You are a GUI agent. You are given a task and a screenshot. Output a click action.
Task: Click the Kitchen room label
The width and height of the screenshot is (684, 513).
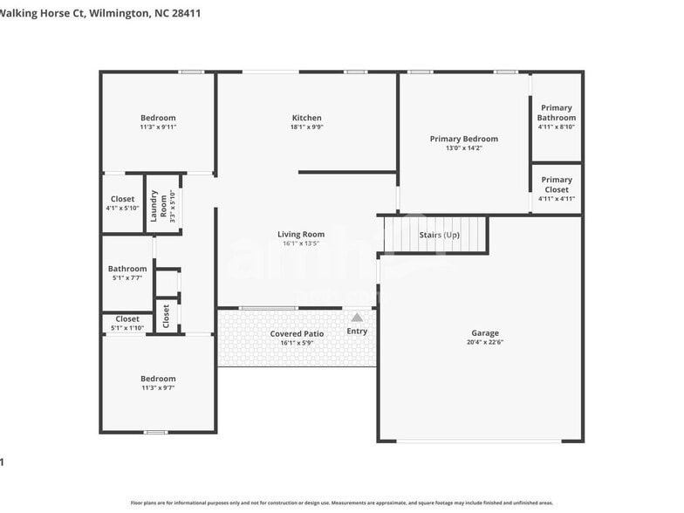click(x=306, y=118)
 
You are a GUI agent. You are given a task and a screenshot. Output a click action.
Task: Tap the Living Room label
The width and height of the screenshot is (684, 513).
click(x=301, y=234)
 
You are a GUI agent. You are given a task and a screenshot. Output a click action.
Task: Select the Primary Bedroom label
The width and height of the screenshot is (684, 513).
click(x=463, y=139)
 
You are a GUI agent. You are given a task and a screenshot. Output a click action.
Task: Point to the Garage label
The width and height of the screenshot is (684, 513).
click(x=485, y=332)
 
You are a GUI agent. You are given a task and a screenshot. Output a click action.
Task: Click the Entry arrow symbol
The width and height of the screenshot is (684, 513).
click(x=357, y=318)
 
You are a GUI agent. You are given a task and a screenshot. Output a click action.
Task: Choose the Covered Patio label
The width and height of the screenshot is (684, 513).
click(x=297, y=333)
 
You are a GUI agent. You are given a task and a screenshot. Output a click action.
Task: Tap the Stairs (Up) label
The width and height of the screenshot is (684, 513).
click(x=439, y=235)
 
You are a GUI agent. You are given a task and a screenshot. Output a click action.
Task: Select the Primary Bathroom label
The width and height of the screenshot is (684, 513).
click(x=556, y=113)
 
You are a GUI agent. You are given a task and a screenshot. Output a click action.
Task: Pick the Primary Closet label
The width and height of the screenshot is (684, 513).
click(x=556, y=184)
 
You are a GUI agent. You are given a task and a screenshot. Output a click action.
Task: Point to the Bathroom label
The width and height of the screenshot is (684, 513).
click(x=127, y=269)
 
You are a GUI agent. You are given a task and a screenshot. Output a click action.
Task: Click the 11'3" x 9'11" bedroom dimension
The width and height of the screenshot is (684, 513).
click(x=158, y=127)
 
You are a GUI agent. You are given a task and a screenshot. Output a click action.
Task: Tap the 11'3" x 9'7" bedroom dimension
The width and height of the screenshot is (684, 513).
click(x=158, y=388)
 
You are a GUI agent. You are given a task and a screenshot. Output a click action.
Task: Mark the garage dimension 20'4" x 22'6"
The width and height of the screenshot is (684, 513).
click(x=485, y=342)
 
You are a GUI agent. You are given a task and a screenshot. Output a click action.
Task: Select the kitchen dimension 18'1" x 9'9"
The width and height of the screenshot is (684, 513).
click(x=306, y=127)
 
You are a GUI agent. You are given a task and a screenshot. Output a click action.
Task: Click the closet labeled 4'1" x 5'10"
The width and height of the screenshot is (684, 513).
click(x=122, y=208)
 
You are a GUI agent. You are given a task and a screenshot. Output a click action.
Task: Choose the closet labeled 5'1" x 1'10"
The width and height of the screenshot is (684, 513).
click(x=127, y=328)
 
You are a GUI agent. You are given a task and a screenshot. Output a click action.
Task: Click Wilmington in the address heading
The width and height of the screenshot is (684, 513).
click(x=119, y=14)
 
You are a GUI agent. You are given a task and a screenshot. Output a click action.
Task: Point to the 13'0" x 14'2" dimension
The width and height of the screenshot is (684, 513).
click(x=463, y=148)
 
